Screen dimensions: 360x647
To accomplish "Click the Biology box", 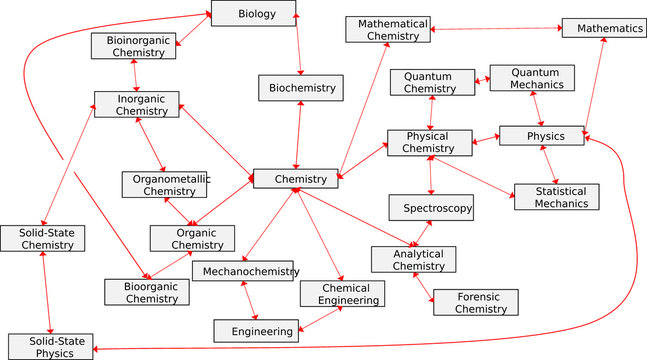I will [x=254, y=13].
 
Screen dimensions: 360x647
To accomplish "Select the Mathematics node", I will [x=603, y=28].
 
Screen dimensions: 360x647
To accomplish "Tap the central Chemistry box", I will [x=295, y=179].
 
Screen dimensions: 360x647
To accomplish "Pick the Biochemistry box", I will [x=300, y=88].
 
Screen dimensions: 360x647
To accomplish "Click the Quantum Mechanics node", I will [x=532, y=78].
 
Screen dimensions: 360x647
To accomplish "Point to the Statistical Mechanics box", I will [x=556, y=197].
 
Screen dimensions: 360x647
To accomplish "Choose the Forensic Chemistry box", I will [x=476, y=302].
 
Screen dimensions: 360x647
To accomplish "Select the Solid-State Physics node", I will [x=50, y=346].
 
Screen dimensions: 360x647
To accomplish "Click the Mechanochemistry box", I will [x=244, y=271].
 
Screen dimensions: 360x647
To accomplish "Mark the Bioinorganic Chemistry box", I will [x=139, y=45].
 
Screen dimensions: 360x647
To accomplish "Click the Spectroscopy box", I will [x=431, y=208].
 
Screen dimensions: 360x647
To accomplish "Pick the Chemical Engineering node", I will [x=341, y=293].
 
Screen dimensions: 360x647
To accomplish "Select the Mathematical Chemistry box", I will [x=388, y=29].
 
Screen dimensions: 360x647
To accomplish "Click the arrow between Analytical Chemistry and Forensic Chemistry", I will [x=424, y=287].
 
